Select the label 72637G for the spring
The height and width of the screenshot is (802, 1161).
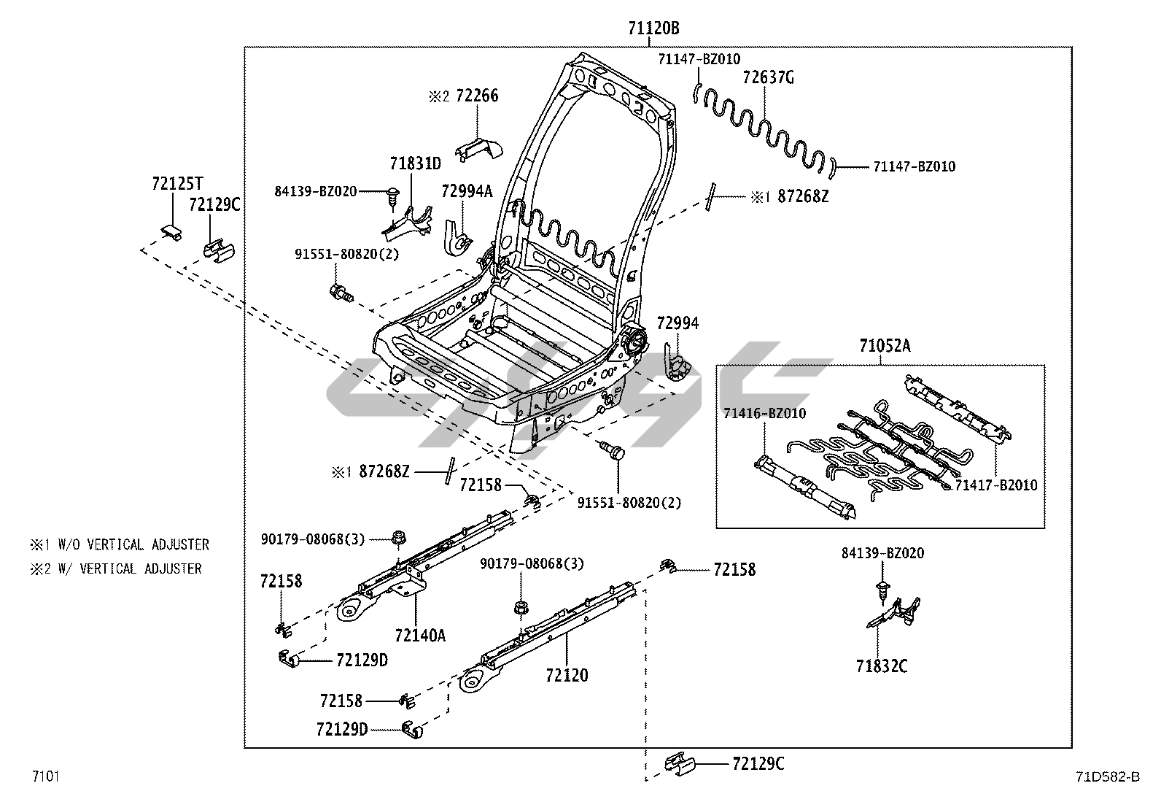pos(768,77)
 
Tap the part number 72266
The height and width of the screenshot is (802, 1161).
pos(477,96)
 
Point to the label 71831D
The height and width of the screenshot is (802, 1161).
pos(415,163)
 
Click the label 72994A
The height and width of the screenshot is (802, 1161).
pos(467,191)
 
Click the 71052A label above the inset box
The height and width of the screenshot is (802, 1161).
pos(885,346)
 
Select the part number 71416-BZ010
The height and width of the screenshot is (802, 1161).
pos(764,414)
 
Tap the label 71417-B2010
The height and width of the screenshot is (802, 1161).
pos(996,485)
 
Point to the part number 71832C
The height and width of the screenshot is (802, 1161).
pos(882,666)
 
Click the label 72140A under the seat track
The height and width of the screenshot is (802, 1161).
pos(419,635)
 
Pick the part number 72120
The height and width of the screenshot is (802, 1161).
pos(566,675)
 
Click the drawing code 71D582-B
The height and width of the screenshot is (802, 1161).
pos(1106,776)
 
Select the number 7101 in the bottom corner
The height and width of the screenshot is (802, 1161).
pos(45,776)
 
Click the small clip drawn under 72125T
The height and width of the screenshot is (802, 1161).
pos(170,231)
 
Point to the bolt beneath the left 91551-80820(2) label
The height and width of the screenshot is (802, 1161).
pos(341,293)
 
